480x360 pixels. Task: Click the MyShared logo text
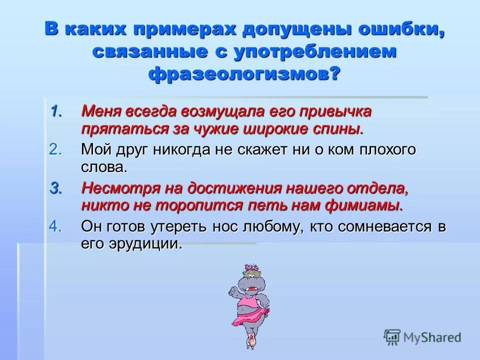433,337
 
